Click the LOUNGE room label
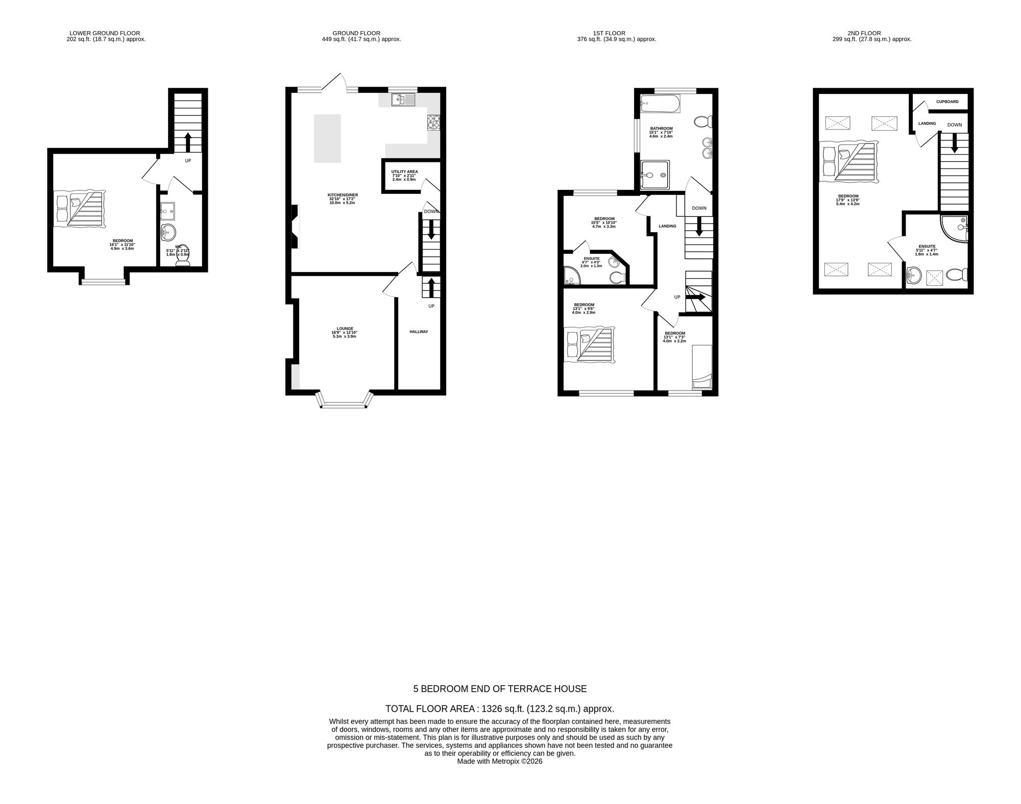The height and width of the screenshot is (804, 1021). [x=345, y=329]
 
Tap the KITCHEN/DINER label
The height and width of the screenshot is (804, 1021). [x=343, y=194]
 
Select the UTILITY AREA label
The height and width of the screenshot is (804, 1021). [x=404, y=172]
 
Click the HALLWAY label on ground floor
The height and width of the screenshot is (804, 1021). [x=419, y=332]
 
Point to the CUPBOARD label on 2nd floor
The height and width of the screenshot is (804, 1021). [x=947, y=102]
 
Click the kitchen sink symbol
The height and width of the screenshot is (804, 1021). [x=404, y=100]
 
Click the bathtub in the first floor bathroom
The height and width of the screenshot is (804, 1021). [x=659, y=105]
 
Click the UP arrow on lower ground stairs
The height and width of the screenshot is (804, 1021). [x=188, y=142]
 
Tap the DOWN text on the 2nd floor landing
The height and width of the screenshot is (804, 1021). [x=954, y=125]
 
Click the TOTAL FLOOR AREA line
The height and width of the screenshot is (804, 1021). [x=499, y=709]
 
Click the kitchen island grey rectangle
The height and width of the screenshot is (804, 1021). [x=327, y=138]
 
